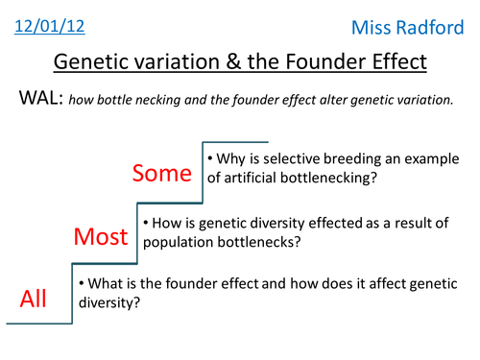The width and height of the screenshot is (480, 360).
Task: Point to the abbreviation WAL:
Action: click(x=38, y=100)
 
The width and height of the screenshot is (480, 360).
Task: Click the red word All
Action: click(x=35, y=300)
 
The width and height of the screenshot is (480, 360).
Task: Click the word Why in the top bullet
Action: click(x=228, y=157)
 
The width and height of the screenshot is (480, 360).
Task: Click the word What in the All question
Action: click(x=103, y=285)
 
